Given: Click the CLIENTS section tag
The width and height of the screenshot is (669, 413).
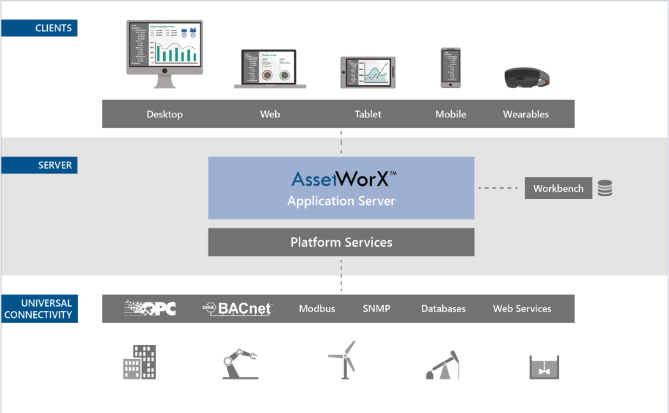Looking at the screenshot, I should click(x=40, y=28).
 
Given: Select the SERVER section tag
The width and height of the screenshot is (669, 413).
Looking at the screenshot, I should click(x=40, y=166).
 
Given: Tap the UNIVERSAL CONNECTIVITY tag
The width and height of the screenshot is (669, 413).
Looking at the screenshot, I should click(x=40, y=308).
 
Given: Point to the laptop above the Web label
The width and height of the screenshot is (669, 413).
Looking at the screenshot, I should click(x=270, y=68).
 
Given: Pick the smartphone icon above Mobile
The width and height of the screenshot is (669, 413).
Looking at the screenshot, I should click(x=450, y=67).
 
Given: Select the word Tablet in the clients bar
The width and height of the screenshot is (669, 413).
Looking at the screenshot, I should click(x=368, y=115).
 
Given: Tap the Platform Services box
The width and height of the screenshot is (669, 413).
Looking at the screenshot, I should click(x=342, y=242).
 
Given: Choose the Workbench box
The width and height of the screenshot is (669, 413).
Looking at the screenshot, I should click(x=558, y=189).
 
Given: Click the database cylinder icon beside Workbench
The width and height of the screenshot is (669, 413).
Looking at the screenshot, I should click(x=605, y=188).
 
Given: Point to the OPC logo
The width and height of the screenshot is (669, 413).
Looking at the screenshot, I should click(x=150, y=308).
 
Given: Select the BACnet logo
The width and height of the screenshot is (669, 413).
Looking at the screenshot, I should click(x=238, y=308).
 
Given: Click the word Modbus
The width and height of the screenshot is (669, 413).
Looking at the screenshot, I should click(x=317, y=308).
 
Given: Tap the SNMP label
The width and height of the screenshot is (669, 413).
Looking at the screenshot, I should click(x=376, y=308).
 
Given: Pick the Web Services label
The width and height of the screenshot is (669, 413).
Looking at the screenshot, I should click(x=522, y=308).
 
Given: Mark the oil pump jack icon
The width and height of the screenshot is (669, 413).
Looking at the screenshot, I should click(x=443, y=365).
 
